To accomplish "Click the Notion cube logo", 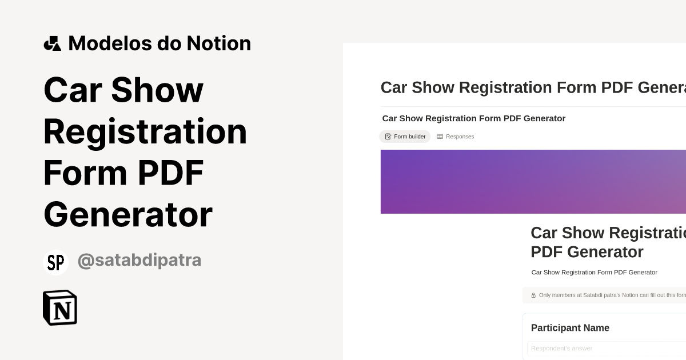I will pos(60,307).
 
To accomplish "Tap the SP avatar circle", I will pos(55,262).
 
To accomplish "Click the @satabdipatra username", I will pos(139,260).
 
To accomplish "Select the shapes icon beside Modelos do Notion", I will pos(52,43).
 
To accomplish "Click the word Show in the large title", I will pos(157,90).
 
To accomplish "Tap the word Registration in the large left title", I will pos(145,131).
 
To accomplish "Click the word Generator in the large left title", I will pos(128,215).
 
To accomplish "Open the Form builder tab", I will pos(405,137).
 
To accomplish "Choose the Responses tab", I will pos(456,137).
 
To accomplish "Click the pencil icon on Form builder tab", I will pos(388,137).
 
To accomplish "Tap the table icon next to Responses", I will pos(440,137).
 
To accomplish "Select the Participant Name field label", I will pos(570,328).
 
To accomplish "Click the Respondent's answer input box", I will pos(606,349).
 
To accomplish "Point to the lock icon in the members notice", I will pos(533,295).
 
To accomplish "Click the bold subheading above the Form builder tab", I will pos(473,118).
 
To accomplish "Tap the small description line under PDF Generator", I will pos(594,273).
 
